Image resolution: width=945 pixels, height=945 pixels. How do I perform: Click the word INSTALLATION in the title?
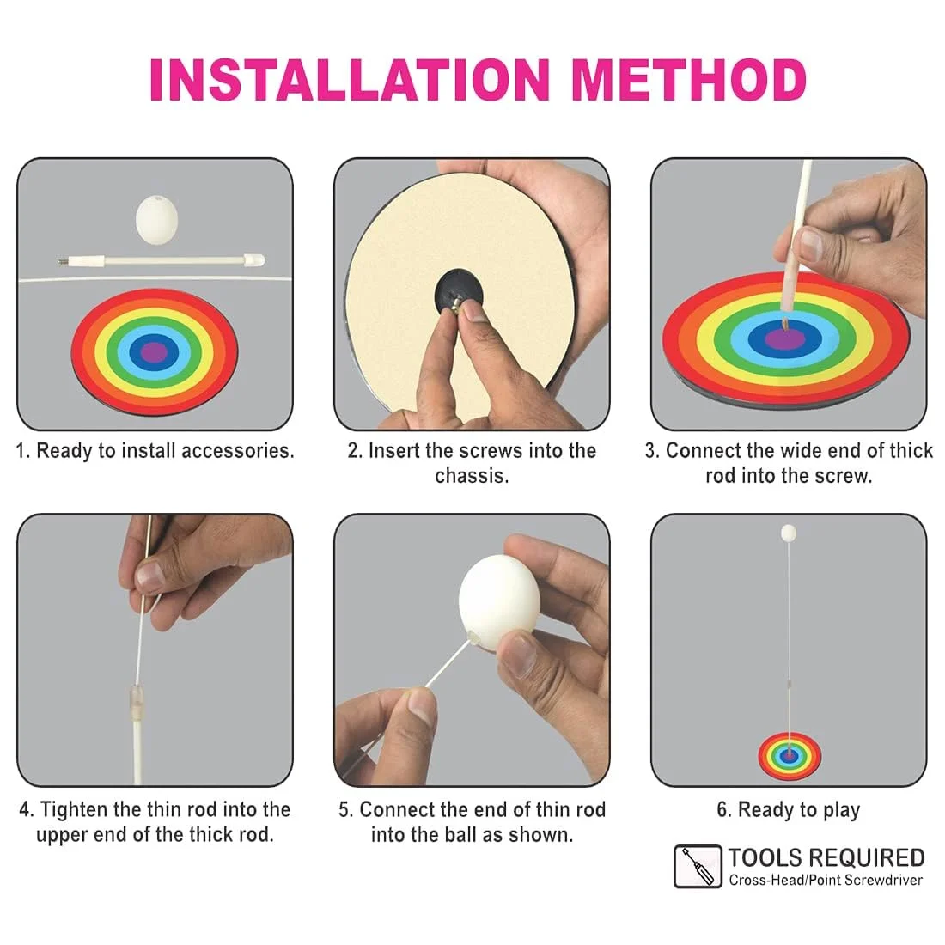(351, 80)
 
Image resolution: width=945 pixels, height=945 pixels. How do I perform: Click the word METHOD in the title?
(687, 80)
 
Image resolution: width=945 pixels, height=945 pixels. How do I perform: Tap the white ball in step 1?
(156, 219)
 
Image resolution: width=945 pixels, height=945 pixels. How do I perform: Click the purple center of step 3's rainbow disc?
(786, 338)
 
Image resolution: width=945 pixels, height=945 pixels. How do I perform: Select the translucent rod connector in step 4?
(137, 702)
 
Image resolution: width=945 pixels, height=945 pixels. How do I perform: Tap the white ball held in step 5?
(498, 602)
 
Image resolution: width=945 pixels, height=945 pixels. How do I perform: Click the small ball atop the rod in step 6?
(789, 533)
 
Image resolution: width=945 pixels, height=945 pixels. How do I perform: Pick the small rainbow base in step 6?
(790, 756)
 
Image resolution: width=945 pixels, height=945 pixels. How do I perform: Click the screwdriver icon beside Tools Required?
(698, 867)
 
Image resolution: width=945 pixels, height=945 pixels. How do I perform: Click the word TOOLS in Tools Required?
(762, 857)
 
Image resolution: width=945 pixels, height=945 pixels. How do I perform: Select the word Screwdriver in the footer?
(883, 880)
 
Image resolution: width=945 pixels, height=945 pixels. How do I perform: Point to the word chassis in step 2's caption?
(472, 476)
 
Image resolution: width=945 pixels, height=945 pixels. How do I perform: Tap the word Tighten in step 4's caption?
(74, 809)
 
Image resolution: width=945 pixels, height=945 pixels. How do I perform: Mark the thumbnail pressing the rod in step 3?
(811, 243)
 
